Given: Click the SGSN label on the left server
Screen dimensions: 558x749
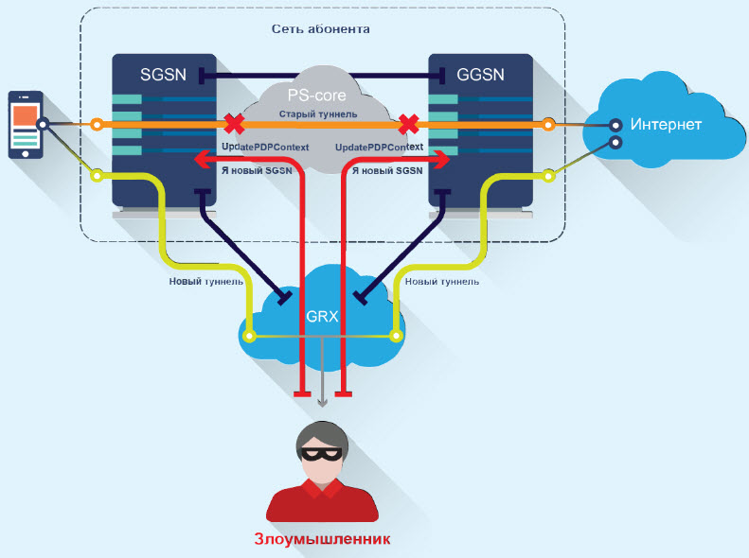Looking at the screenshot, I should click(x=164, y=75).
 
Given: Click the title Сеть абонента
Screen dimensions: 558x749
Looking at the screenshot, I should click(x=322, y=29).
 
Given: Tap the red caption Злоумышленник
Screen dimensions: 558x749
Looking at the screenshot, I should click(x=322, y=539).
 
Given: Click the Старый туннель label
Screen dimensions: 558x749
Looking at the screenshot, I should click(x=318, y=114).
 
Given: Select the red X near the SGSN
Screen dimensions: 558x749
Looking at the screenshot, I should click(x=232, y=124).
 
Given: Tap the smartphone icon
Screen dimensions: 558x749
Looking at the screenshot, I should click(x=26, y=126).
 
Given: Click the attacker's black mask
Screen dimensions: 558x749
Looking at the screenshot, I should click(x=322, y=453).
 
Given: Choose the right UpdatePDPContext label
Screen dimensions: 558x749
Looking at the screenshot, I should click(x=379, y=148).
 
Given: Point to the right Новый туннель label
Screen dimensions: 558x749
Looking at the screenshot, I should click(x=440, y=281).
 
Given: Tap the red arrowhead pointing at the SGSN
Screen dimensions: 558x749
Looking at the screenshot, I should click(x=200, y=160).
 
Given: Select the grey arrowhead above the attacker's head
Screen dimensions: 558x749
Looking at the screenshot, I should click(x=322, y=400).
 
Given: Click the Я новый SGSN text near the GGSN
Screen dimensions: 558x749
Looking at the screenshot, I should click(x=387, y=171).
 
